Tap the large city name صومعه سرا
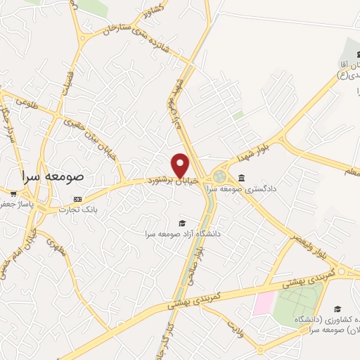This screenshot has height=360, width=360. coord(53,176)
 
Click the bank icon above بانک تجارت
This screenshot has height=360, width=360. coord(77,200)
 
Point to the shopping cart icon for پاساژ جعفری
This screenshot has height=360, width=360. coord(13,192)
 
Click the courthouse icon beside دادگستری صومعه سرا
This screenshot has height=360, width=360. coord(242,177)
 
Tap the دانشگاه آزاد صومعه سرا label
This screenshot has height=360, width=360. coord(184,233)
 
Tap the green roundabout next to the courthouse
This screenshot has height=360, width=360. coord(220,176)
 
